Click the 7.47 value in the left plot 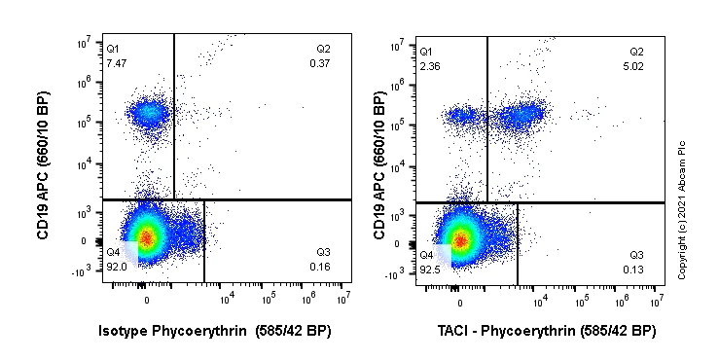pyautogui.click(x=116, y=62)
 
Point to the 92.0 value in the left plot pyautogui.click(x=116, y=266)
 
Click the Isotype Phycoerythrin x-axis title pyautogui.click(x=215, y=331)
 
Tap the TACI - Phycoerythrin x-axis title pyautogui.click(x=546, y=331)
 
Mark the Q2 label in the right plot pyautogui.click(x=636, y=51)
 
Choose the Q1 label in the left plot pyautogui.click(x=113, y=49)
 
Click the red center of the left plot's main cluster pyautogui.click(x=145, y=236)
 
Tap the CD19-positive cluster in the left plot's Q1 pyautogui.click(x=149, y=114)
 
